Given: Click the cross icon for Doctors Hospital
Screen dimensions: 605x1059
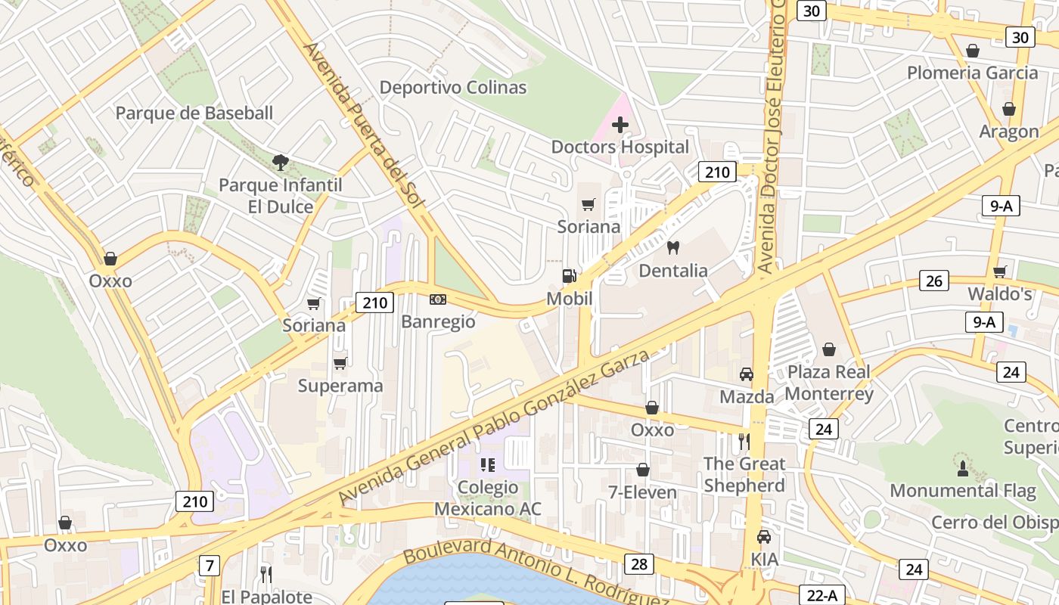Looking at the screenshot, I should pos(620,124).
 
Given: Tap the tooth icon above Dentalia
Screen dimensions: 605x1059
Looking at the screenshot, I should pos(673,247).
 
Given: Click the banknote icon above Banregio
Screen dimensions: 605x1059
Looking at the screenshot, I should pos(438,299).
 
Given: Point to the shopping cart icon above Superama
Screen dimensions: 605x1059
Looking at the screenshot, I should pos(340,363).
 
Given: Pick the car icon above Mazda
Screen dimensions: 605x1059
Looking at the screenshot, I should pos(747,374).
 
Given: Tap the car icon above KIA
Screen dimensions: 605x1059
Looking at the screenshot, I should pos(764,537).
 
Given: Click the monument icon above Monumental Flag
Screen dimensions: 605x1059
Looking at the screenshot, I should pos(962,468).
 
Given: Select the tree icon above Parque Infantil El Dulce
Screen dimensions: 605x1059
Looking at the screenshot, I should pos(281,162).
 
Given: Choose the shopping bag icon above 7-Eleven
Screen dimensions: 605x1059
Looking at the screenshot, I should pos(643,470).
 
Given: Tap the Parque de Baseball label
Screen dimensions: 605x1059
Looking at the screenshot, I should pos(194,113).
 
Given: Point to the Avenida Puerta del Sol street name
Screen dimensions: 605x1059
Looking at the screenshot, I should pos(365,129).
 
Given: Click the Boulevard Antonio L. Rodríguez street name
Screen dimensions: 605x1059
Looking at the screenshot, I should pos(536,573).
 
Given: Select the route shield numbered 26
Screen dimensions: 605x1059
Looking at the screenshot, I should pos(934,281).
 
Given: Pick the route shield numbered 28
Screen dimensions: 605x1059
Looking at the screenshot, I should pos(639,563).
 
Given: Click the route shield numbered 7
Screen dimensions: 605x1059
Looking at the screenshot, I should pos(210,565).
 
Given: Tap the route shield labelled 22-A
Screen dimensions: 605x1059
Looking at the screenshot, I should pos(821,595).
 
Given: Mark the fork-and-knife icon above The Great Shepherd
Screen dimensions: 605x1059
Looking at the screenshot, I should pos(744,441).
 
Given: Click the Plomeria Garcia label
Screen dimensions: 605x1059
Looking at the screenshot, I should pos(972,73).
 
